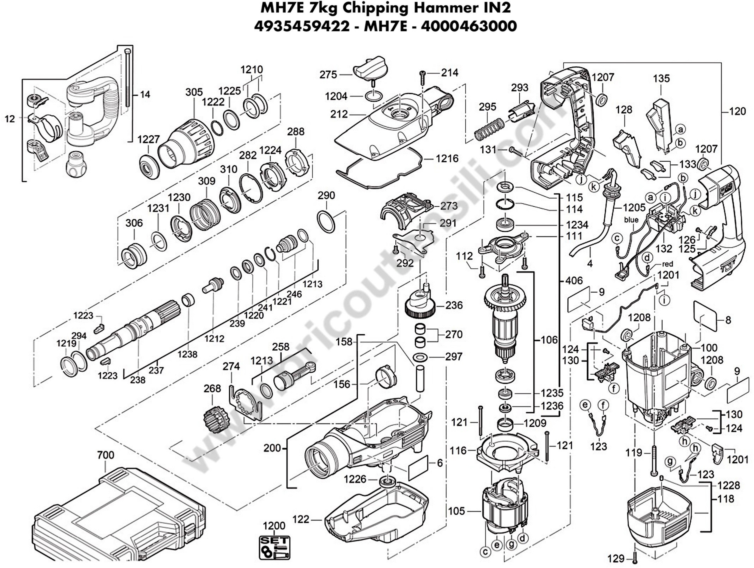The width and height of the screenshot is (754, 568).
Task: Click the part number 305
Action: click(x=194, y=92)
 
